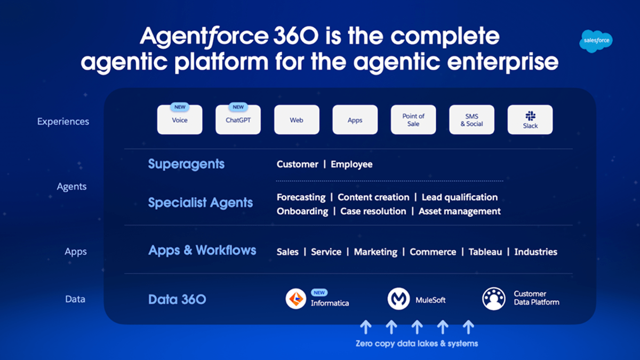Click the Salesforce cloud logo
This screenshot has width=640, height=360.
pos(596,41)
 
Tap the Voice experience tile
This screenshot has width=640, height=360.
pos(180,120)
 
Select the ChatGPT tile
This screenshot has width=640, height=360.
pos(238,120)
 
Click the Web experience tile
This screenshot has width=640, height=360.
pos(297,120)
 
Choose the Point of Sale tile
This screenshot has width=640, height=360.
pos(413,120)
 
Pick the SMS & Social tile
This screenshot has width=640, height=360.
pos(471,120)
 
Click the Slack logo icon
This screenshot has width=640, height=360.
pos(530,116)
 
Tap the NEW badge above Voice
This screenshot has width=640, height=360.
pos(180,107)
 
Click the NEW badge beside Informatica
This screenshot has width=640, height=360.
pos(319,293)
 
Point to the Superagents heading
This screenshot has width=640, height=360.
pos(186,164)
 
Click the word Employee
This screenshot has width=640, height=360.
pos(351,164)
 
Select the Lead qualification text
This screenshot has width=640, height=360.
pos(459,197)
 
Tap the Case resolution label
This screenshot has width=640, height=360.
pos(373,211)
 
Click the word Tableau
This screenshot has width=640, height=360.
pos(485,252)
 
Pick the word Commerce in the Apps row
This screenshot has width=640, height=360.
pos(433,252)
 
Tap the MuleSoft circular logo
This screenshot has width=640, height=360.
pos(398,299)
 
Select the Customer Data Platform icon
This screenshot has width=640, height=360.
pos(494,299)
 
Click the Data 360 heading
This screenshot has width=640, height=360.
pos(177,299)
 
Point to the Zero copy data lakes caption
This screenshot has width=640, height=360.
pos(417,343)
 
